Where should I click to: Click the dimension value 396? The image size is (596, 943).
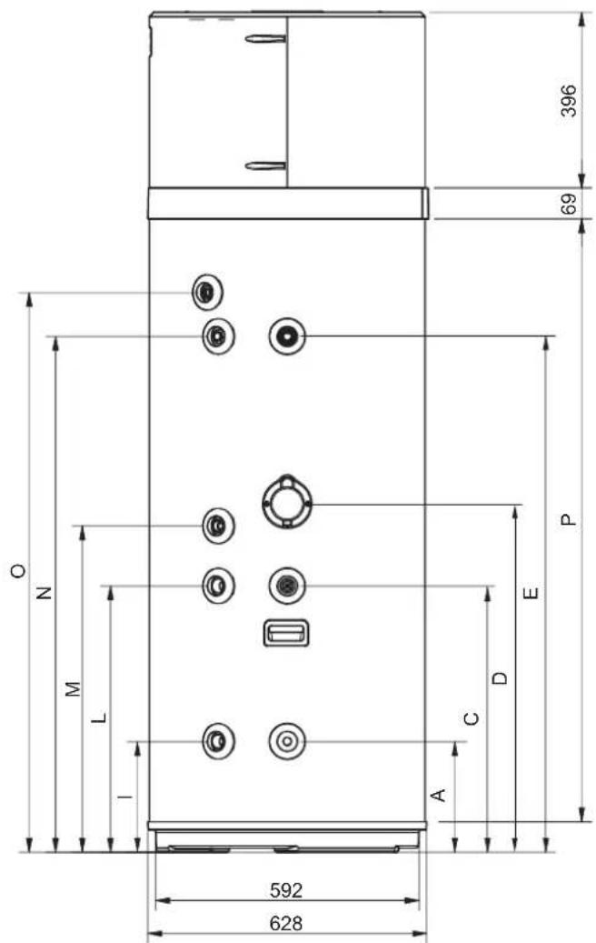(569, 100)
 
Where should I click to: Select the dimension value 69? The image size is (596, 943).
(569, 204)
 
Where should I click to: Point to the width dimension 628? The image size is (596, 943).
(286, 923)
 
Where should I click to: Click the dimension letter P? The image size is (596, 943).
(568, 519)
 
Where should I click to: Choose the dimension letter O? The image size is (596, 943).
(18, 570)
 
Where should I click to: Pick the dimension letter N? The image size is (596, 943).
(44, 593)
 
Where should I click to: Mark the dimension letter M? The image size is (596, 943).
(73, 688)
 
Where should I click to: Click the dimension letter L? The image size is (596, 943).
(100, 717)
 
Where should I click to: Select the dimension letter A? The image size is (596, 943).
(439, 795)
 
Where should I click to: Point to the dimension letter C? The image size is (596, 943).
(472, 718)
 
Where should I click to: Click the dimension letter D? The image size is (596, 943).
(500, 677)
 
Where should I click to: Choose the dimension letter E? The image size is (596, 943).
(531, 593)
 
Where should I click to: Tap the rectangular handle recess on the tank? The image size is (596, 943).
(286, 633)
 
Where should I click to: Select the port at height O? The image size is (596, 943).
(207, 292)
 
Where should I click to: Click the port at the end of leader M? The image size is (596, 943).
(218, 526)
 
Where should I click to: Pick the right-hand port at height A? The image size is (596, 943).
(287, 741)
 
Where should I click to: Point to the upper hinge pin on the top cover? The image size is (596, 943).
(265, 39)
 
